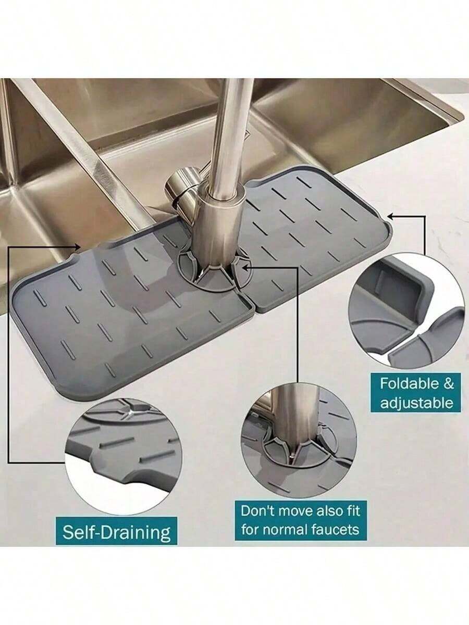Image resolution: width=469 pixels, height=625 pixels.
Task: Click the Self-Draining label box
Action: (x=117, y=532)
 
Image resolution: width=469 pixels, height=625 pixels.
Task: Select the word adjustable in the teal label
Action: (x=416, y=402)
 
